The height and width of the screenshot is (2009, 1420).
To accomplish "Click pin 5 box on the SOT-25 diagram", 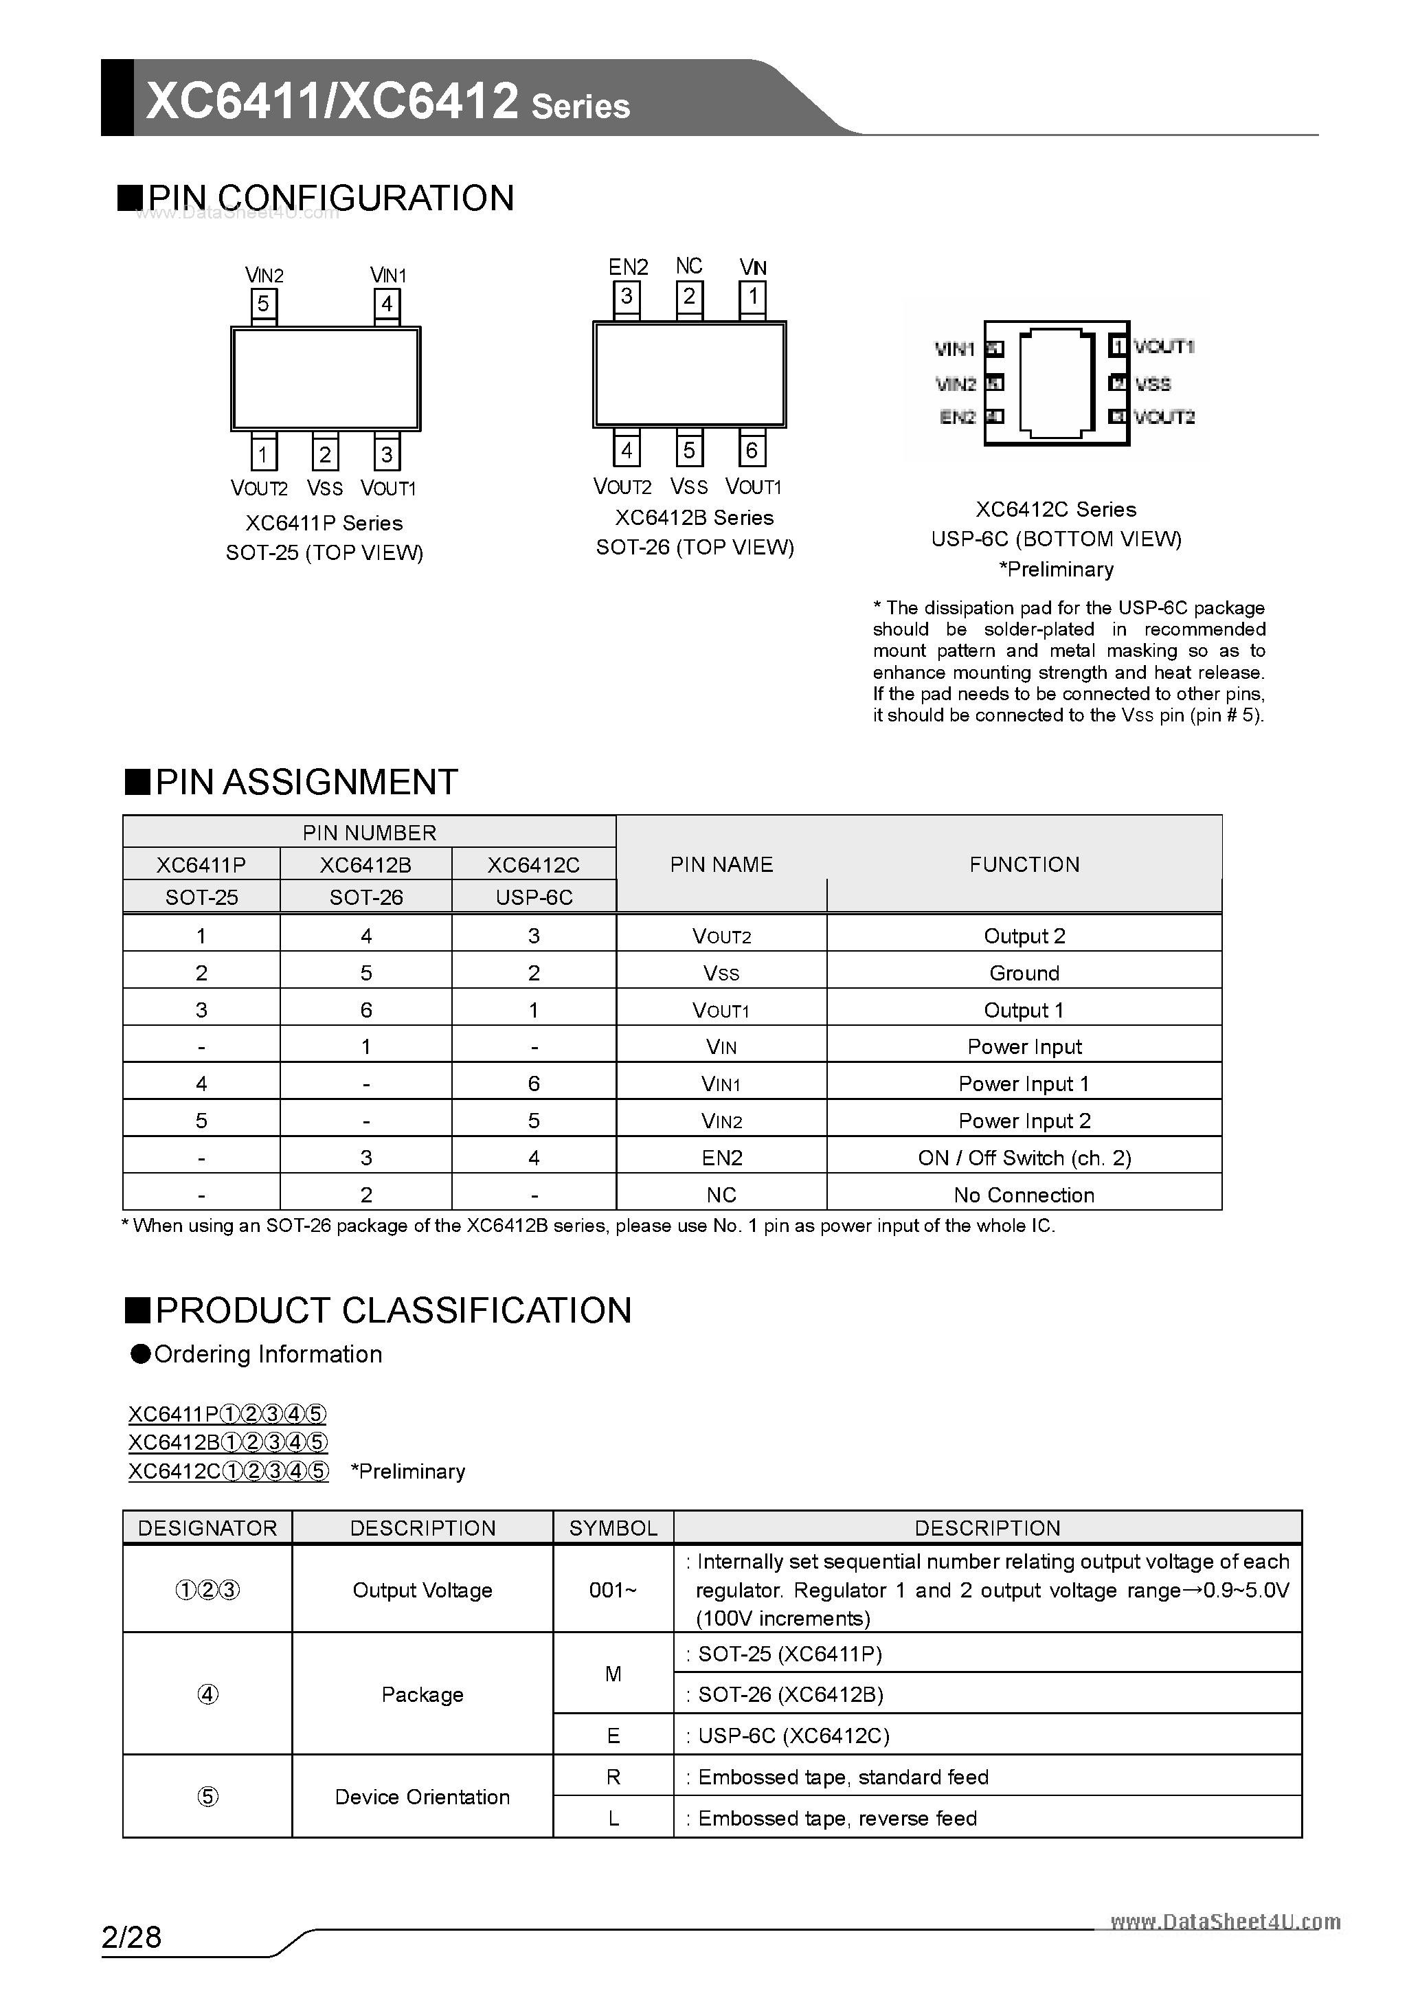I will click(263, 304).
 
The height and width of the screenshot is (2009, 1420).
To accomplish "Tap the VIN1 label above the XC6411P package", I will click(387, 275).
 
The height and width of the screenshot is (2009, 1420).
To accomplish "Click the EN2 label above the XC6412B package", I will click(628, 267).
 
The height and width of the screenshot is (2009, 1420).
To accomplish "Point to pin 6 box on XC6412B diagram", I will click(752, 451).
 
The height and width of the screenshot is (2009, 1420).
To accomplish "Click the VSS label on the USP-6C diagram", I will click(1153, 383).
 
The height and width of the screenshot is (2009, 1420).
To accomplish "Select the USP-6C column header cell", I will click(534, 897).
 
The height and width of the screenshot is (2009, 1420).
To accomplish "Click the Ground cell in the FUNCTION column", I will click(1024, 973).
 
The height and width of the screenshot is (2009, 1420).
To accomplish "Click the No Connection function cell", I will click(1024, 1194).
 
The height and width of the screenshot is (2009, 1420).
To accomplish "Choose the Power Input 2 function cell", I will click(1024, 1121).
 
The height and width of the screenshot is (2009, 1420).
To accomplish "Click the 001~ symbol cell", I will click(612, 1590).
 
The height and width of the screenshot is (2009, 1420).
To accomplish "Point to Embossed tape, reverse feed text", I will click(837, 1818).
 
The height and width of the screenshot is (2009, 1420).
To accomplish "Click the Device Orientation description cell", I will click(422, 1797).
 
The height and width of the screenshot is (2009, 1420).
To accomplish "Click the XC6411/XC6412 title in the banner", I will click(333, 100).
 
